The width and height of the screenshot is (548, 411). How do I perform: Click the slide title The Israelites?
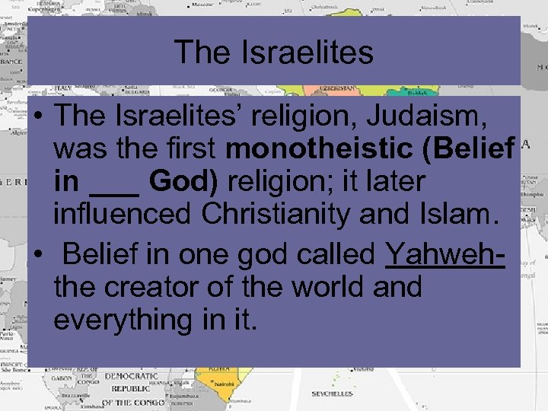tap(274, 53)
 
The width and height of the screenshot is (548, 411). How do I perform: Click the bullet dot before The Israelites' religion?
tap(37, 118)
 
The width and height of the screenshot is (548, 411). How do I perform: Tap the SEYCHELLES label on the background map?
tap(332, 394)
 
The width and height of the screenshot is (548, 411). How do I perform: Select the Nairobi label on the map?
tap(222, 384)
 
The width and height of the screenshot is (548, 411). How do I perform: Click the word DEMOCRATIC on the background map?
tap(131, 376)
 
